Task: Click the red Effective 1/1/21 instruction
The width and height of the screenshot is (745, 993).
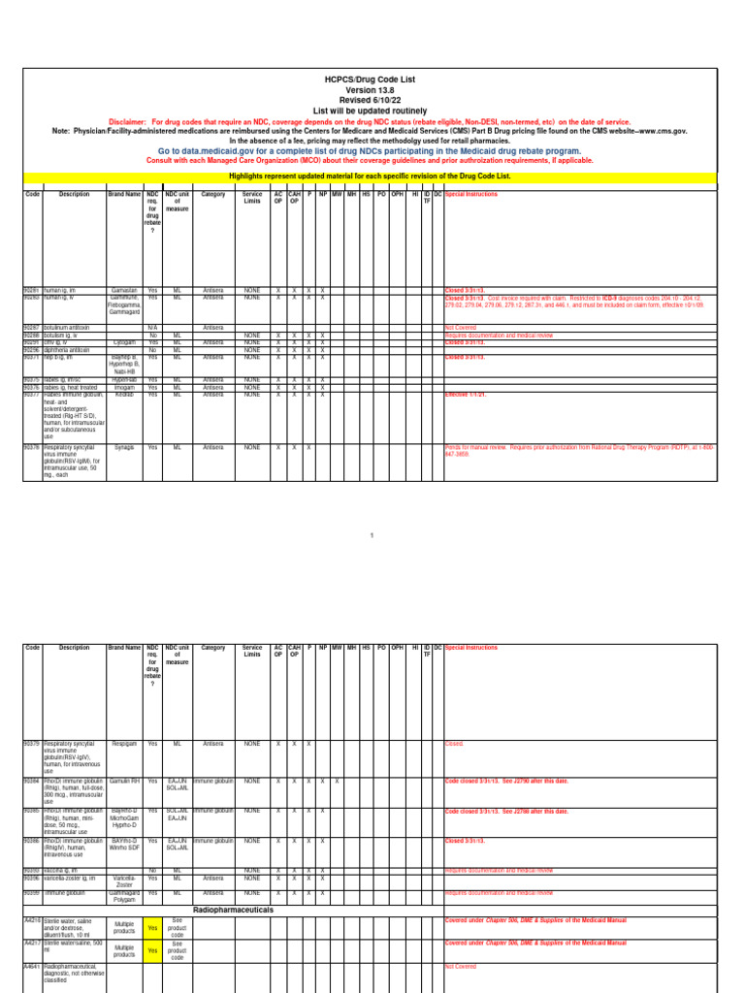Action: (x=470, y=395)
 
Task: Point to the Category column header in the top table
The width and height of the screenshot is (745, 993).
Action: (x=212, y=194)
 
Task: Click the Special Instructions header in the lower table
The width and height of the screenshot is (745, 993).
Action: (x=470, y=647)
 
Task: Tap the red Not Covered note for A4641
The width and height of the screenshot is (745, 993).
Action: (x=456, y=966)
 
